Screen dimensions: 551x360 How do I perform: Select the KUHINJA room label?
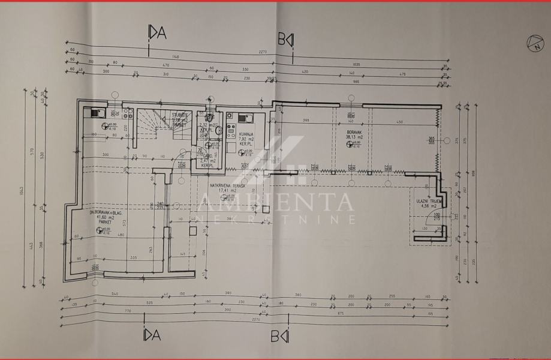(x=245, y=134)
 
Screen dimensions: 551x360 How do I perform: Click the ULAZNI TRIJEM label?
(x=427, y=200)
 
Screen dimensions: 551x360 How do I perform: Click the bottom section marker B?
(x=285, y=335)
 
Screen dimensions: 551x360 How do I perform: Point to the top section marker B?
(x=285, y=40)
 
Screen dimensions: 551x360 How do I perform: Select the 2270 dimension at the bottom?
(x=257, y=319)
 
